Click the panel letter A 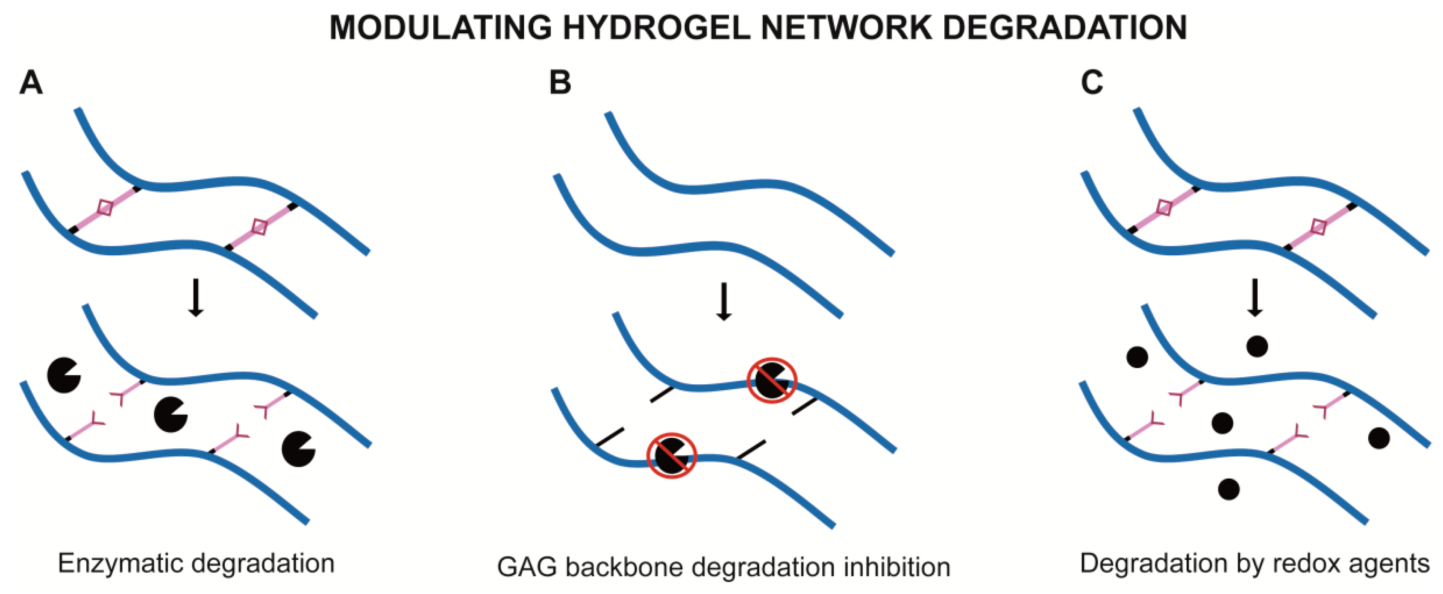pyautogui.click(x=30, y=83)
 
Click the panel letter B pyautogui.click(x=560, y=83)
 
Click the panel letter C pyautogui.click(x=1091, y=83)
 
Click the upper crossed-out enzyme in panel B pyautogui.click(x=771, y=380)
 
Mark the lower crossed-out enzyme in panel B pyautogui.click(x=672, y=455)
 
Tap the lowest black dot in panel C pyautogui.click(x=1228, y=489)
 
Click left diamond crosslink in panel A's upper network pyautogui.click(x=105, y=208)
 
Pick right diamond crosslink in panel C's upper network pyautogui.click(x=1319, y=227)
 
